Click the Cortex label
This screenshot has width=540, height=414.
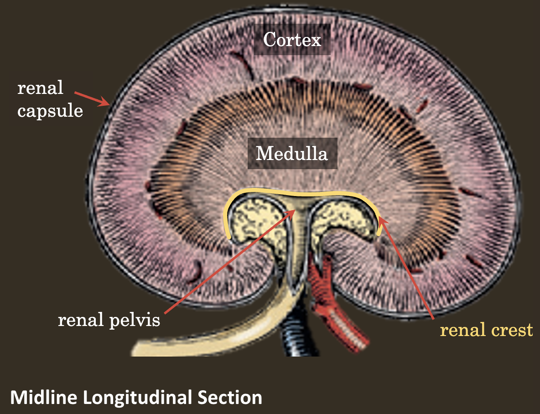coord(292,40)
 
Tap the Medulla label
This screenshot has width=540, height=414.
coord(292,154)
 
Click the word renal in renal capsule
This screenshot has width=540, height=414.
coord(40,88)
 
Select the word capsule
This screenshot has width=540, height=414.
coord(50,111)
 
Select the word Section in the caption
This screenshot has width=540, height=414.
coord(230,397)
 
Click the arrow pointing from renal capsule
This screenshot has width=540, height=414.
coord(92,98)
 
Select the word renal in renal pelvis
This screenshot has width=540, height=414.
coord(80,321)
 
